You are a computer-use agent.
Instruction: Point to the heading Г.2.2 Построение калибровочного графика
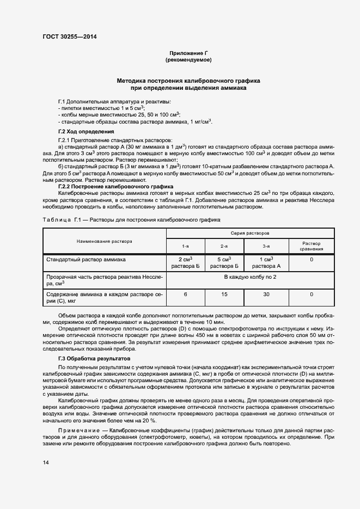pyautogui.click(x=115, y=187)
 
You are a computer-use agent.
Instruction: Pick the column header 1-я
pyautogui.click(x=185, y=246)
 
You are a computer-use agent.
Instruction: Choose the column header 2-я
pyautogui.click(x=224, y=246)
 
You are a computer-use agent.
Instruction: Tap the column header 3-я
pyautogui.click(x=266, y=246)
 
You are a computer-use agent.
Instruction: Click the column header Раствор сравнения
pyautogui.click(x=311, y=246)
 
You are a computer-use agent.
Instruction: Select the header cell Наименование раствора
pyautogui.click(x=104, y=240)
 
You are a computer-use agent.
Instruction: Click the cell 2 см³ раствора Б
pyautogui.click(x=185, y=263)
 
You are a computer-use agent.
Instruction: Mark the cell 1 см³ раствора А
pyautogui.click(x=266, y=263)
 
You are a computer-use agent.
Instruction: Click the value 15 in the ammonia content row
pyautogui.click(x=224, y=295)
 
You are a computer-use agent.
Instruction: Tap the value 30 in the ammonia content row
pyautogui.click(x=266, y=295)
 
